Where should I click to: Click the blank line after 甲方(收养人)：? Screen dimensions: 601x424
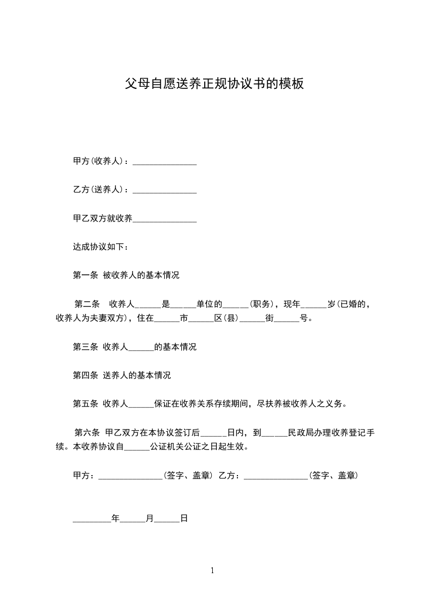(164, 161)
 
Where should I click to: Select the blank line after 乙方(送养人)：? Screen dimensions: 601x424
(164, 190)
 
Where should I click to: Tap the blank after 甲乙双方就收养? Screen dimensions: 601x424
(164, 219)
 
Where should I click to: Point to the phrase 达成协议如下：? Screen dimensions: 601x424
(100, 247)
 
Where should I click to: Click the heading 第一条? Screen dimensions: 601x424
(85, 276)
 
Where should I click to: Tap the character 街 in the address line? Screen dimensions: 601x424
(269, 318)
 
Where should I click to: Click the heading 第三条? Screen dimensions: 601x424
(85, 347)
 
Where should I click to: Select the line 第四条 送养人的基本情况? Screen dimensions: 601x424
(121, 375)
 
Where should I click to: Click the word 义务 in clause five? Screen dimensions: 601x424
(335, 404)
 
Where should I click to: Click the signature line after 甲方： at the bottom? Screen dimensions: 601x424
(130, 476)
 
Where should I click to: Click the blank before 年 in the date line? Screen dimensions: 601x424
(92, 519)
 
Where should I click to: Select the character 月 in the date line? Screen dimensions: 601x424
(150, 519)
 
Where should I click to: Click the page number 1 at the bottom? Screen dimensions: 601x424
(212, 570)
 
